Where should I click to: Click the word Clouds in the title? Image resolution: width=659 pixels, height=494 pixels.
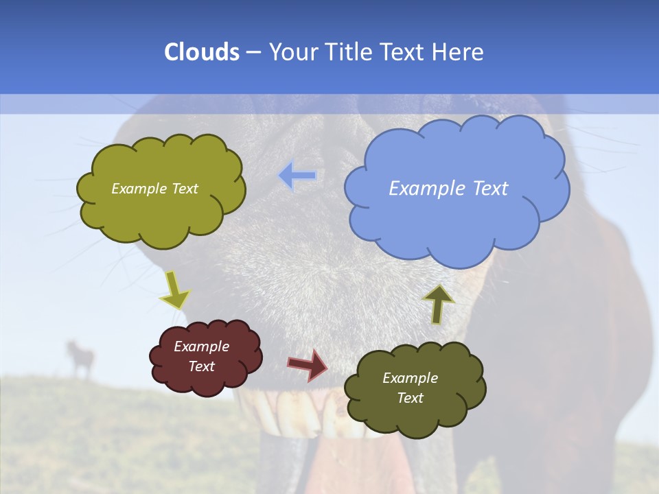[201, 51]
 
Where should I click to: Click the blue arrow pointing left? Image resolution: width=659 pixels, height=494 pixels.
[298, 176]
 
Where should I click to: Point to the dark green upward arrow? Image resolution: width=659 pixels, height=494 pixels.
[438, 303]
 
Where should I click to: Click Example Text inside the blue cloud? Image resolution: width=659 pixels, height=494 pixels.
[448, 189]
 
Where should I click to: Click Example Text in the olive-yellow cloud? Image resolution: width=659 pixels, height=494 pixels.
[154, 189]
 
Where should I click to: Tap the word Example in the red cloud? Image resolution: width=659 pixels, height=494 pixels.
[201, 346]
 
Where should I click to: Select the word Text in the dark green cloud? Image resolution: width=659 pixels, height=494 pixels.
[410, 398]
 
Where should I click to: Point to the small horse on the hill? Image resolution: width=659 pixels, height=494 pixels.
[80, 357]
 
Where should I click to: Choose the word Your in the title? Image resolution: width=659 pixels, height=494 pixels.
[289, 51]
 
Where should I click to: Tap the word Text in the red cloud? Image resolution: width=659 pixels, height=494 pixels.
[201, 366]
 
